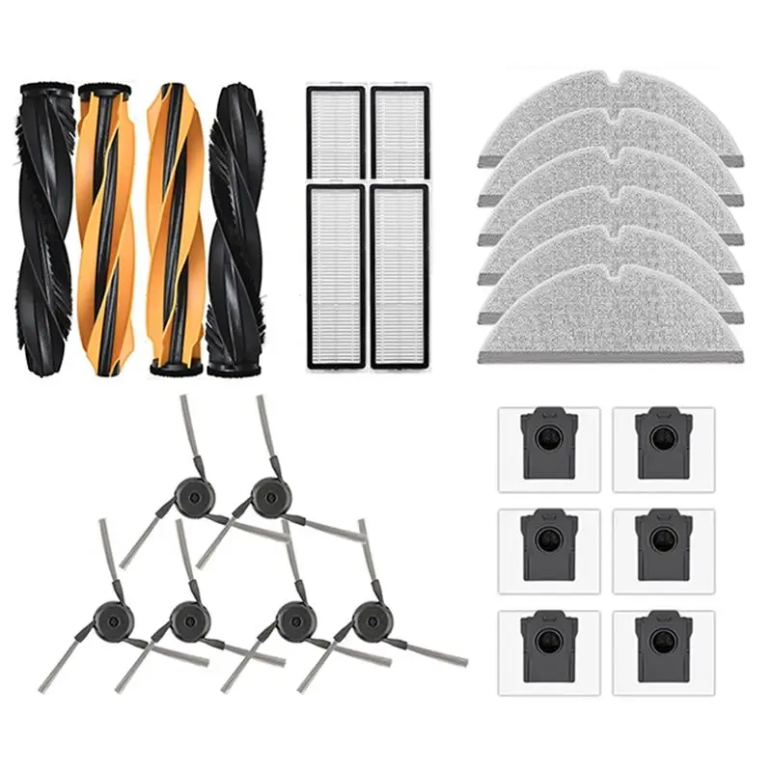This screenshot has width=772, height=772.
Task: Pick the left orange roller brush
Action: [x=106, y=230]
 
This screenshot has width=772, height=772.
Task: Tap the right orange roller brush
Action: [x=175, y=230]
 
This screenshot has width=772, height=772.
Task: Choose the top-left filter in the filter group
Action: [x=335, y=132]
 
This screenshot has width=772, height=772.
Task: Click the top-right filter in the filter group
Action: [x=400, y=132]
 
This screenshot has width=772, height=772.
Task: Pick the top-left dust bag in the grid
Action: [x=549, y=445]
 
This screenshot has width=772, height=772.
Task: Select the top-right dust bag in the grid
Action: [x=663, y=445]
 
